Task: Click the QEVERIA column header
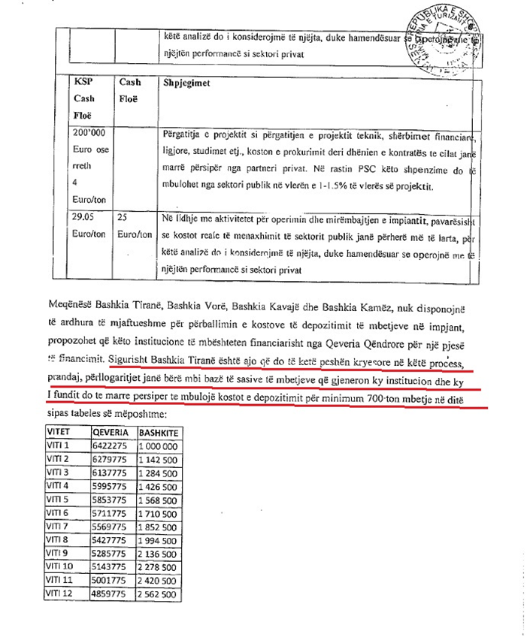coord(112,432)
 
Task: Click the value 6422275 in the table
coord(111,445)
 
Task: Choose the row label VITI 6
coord(60,513)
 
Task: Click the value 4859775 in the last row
coord(111,593)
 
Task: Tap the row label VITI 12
coord(62,593)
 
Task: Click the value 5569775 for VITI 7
coord(111,527)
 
